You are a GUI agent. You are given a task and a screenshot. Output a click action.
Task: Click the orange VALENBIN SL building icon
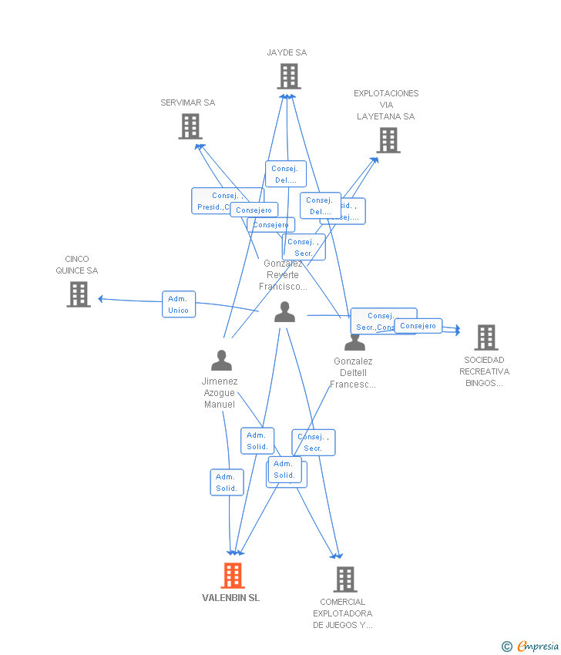(x=233, y=576)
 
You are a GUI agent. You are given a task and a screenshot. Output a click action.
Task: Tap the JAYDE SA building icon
(x=289, y=76)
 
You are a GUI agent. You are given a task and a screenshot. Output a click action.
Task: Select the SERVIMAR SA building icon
(x=190, y=126)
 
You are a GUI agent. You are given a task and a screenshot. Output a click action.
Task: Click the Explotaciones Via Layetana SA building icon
(x=388, y=140)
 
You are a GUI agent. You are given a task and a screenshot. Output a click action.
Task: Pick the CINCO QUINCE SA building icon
(x=79, y=294)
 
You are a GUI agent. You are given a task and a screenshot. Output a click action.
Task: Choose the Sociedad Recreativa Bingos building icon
(x=485, y=338)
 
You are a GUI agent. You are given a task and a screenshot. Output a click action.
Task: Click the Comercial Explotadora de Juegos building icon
(x=344, y=579)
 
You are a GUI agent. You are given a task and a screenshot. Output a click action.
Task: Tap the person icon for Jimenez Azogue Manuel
(x=221, y=361)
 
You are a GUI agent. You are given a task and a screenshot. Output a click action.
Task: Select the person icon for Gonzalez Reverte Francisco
(x=284, y=312)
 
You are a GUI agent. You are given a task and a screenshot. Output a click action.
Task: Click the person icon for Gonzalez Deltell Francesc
(x=354, y=341)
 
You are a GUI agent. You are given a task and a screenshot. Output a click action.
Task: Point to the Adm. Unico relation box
(x=179, y=304)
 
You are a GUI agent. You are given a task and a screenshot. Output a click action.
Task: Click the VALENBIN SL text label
(x=231, y=598)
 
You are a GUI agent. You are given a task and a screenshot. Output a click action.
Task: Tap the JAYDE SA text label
(x=287, y=52)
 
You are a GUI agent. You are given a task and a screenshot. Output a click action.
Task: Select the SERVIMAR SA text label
(x=188, y=102)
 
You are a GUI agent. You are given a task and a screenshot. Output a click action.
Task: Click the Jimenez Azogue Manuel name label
(x=220, y=393)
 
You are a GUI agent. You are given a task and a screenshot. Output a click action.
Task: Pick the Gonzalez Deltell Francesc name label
(x=353, y=373)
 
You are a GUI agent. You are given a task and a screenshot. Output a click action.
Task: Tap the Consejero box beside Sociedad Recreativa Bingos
(x=418, y=326)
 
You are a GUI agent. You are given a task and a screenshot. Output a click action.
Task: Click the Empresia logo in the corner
(x=532, y=647)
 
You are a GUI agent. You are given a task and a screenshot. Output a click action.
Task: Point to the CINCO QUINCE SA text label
(x=77, y=265)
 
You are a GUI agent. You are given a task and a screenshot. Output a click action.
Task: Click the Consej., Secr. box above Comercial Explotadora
(x=314, y=442)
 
